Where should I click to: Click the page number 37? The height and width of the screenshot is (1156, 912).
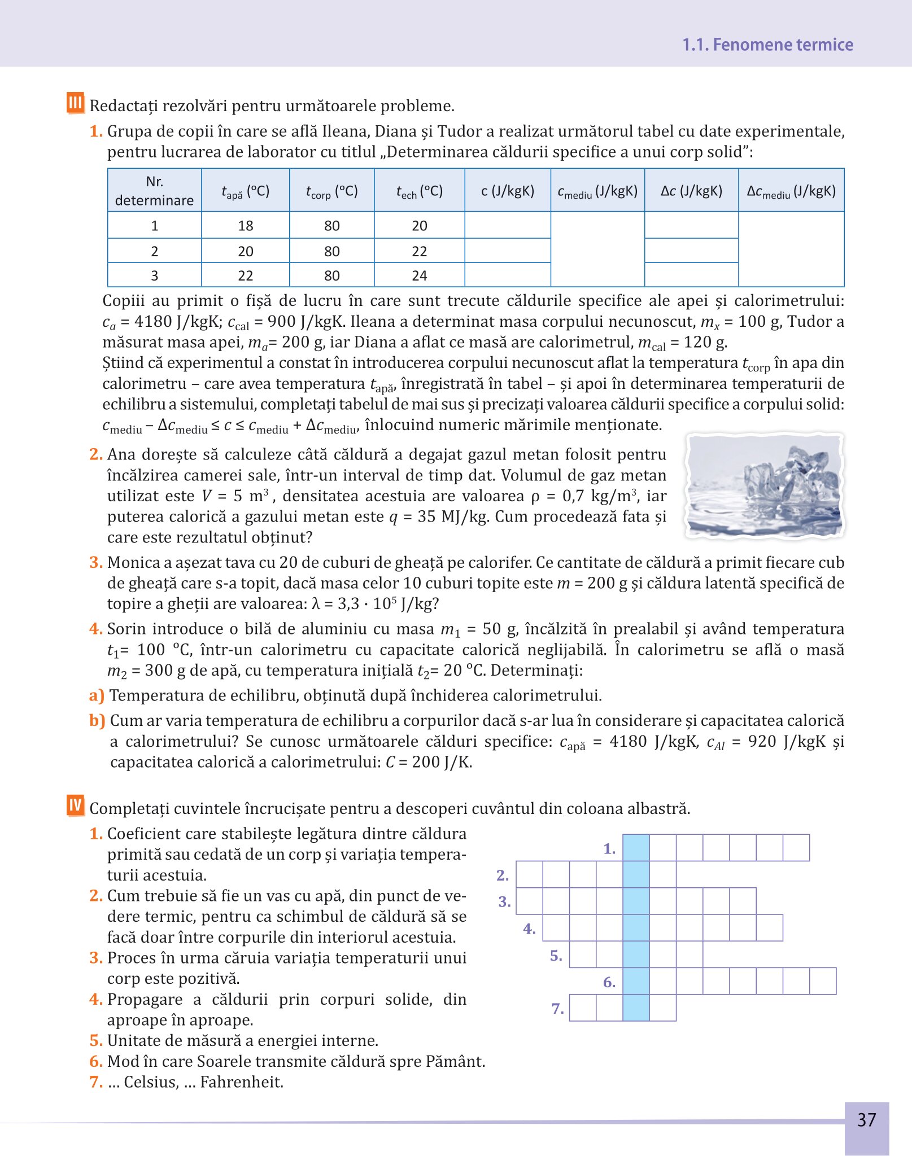click(866, 1119)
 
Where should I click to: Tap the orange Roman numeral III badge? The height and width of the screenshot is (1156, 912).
click(75, 103)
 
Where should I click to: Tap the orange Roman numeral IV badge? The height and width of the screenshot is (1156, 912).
click(75, 805)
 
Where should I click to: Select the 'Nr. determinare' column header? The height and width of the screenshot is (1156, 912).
click(154, 191)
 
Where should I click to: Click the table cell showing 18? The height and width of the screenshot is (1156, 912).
click(246, 226)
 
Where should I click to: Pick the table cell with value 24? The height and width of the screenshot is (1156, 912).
click(419, 275)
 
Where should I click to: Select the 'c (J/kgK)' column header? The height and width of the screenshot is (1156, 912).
click(507, 191)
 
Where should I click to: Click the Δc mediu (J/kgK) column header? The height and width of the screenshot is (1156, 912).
click(791, 191)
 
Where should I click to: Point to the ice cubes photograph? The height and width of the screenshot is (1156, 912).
click(765, 486)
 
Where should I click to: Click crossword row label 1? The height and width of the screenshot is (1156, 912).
click(609, 848)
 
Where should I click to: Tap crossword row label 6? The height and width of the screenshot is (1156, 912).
click(609, 982)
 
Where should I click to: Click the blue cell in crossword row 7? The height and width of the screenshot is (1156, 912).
click(636, 1008)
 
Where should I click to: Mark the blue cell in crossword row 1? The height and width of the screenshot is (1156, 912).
click(636, 848)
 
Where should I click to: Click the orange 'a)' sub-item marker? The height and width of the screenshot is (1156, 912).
click(97, 695)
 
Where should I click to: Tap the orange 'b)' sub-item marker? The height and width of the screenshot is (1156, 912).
click(97, 721)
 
